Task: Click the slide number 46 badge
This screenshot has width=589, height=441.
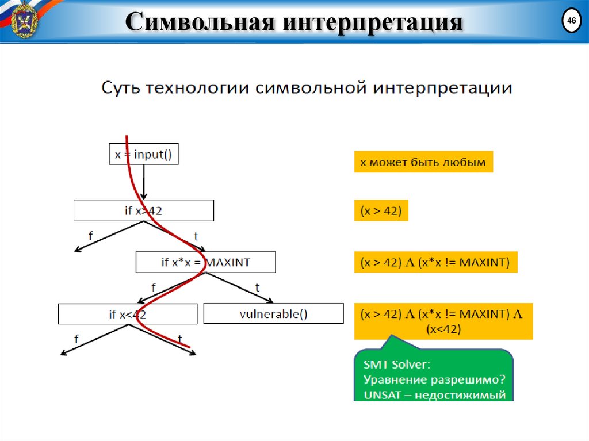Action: point(571,22)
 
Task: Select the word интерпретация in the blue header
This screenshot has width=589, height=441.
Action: point(373,23)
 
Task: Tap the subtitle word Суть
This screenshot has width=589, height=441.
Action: point(122,89)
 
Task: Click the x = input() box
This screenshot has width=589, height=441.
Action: point(144,154)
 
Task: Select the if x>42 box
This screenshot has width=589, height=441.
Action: point(144,210)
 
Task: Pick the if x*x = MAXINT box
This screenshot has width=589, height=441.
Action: point(205,263)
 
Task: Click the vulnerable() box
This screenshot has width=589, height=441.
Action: point(273,314)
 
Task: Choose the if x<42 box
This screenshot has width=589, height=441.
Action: point(128,314)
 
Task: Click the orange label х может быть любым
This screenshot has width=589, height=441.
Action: point(423,162)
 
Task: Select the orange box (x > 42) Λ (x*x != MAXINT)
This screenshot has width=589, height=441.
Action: point(435,262)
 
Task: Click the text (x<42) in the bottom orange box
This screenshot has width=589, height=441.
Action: point(443,330)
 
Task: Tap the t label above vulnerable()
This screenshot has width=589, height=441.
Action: point(257,287)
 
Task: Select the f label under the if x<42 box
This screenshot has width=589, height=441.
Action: point(76,339)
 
